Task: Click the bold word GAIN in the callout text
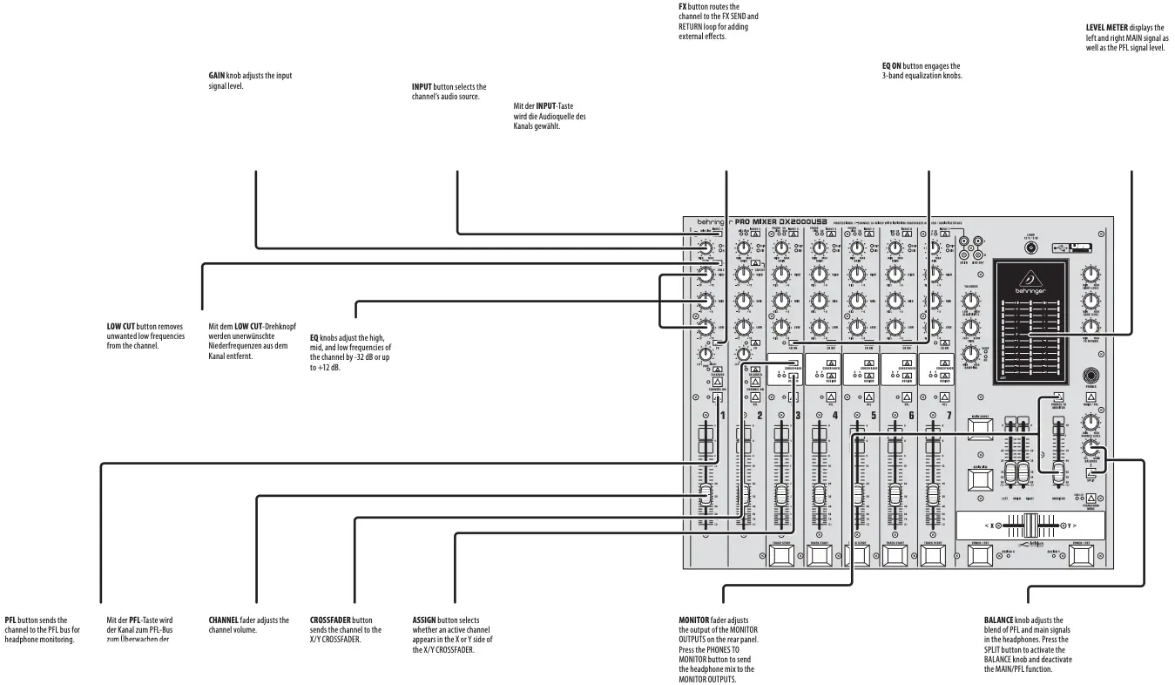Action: click(217, 76)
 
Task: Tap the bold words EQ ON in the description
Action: click(892, 65)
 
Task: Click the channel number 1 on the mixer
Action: click(722, 417)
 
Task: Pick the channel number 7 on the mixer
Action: click(949, 417)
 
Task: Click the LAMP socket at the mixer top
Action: click(1030, 248)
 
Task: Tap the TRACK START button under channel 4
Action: click(819, 555)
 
